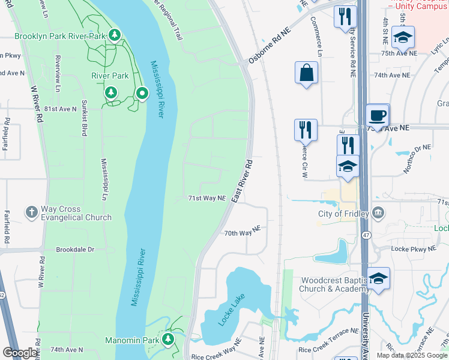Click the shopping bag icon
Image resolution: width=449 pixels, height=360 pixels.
pos(306,73)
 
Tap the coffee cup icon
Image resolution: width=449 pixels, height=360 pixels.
pos(378,116)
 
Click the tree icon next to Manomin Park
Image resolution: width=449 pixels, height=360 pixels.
pos(168,340)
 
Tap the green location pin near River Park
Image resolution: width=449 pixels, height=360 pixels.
pos(142,94)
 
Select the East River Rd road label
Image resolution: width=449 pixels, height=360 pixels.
pos(240,180)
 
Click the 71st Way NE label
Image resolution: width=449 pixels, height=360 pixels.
pos(206,197)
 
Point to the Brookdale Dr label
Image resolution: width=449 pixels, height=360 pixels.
pos(75,249)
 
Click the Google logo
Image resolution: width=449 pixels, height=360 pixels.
pos(20,353)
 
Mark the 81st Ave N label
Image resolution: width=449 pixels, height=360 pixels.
pos(60,109)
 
